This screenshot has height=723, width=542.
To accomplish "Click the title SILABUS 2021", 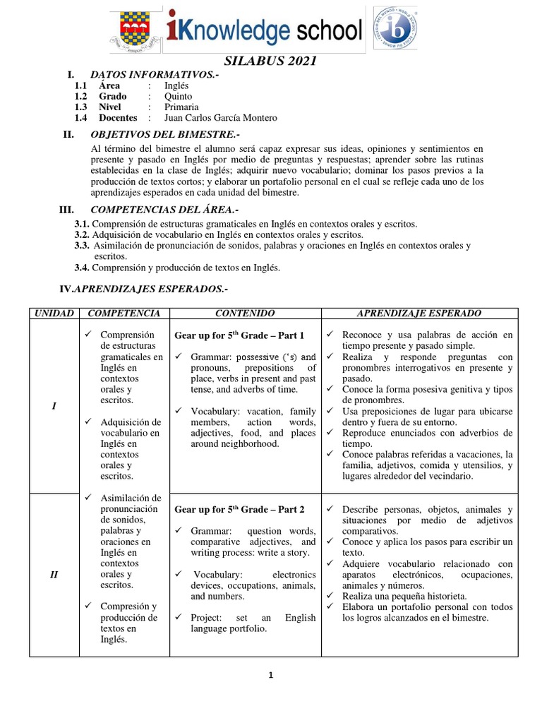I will (x=271, y=61).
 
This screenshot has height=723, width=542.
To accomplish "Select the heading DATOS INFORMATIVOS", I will (x=149, y=75).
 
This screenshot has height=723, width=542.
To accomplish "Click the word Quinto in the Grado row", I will (x=178, y=96).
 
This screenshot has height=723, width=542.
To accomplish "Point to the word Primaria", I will (x=182, y=107).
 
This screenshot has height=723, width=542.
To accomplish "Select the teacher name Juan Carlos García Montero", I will (x=221, y=118).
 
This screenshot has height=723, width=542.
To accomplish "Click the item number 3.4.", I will (x=82, y=268).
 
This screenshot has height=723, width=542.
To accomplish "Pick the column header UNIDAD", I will (x=54, y=313).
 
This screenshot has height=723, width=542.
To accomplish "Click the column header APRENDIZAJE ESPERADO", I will (x=419, y=313).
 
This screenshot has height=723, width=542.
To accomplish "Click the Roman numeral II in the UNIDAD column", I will (x=54, y=574).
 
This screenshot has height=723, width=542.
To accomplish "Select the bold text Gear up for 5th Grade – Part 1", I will (x=239, y=335).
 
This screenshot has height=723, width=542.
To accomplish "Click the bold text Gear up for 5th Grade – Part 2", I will (x=239, y=509).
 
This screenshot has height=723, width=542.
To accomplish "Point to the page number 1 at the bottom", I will (x=270, y=675).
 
